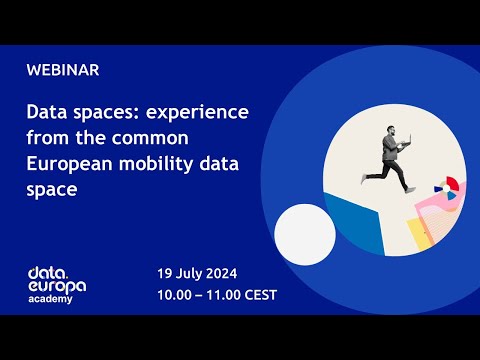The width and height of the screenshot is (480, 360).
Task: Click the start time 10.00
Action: tap(175, 295)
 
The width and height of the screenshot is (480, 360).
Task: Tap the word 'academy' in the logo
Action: tap(51, 299)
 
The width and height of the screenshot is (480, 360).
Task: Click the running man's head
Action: tap(393, 131)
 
